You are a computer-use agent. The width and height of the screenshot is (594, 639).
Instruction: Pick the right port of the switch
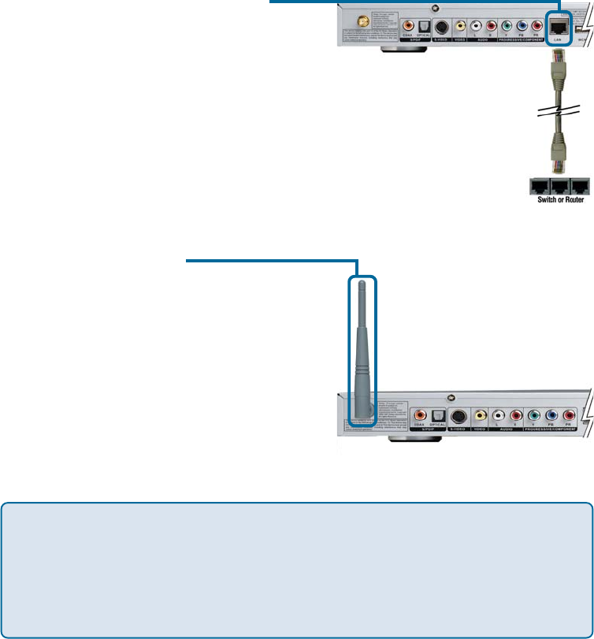coord(579,186)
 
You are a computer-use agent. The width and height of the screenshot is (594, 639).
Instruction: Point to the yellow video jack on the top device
coord(461,24)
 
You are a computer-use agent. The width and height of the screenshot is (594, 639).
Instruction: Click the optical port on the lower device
coord(438,415)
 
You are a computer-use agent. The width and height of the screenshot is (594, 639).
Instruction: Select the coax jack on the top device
coord(409,24)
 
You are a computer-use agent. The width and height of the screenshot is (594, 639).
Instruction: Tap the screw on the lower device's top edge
coord(451,397)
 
